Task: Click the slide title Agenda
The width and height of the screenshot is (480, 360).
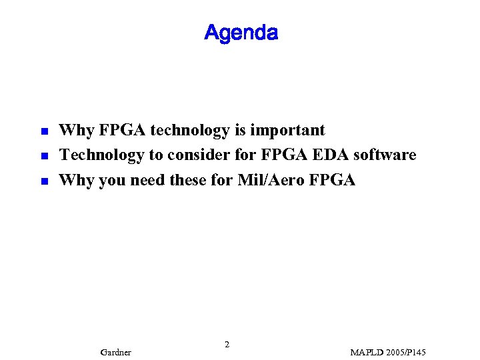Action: pos(241,32)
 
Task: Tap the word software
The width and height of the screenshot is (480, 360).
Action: pos(385,155)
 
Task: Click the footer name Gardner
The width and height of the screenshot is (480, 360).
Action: pos(115,352)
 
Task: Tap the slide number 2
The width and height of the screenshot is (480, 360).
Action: pos(227,345)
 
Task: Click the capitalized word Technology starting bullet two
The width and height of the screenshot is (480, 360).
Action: pos(101,155)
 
